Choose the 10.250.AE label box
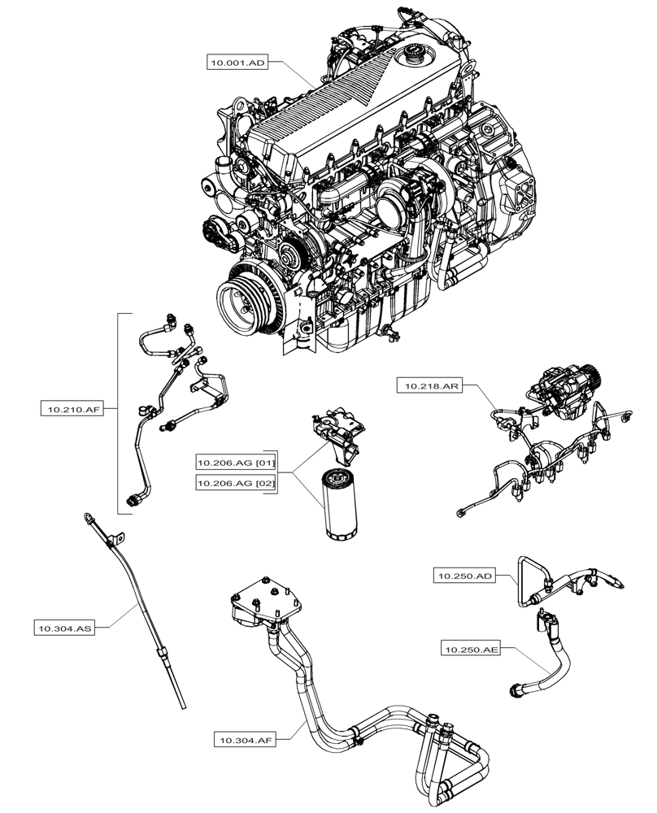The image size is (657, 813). (x=471, y=649)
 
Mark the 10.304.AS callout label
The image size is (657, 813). (x=63, y=628)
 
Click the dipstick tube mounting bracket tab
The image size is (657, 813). (x=118, y=538)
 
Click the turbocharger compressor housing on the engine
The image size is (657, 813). (x=398, y=199)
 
